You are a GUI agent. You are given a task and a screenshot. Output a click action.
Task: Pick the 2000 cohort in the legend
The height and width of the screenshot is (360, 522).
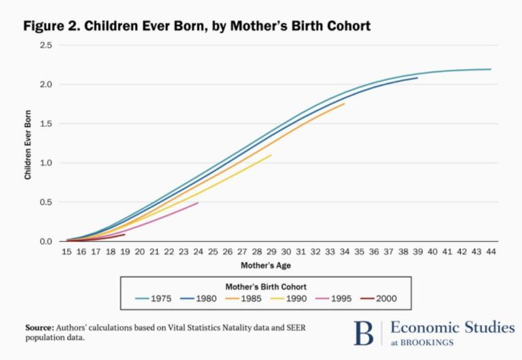click(x=385, y=298)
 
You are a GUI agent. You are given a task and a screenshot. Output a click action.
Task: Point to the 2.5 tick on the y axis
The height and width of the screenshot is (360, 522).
click(x=46, y=46)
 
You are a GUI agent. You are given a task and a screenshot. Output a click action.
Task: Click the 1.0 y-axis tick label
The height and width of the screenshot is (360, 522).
click(x=46, y=163)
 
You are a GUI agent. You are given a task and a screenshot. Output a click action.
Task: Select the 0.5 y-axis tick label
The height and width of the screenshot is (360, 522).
click(x=46, y=202)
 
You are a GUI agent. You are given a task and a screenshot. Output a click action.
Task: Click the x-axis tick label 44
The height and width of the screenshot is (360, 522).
click(x=490, y=252)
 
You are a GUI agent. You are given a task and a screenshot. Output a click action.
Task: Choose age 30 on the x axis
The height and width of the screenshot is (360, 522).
click(x=285, y=252)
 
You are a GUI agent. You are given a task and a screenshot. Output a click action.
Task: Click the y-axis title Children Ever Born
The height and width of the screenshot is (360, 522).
click(x=29, y=143)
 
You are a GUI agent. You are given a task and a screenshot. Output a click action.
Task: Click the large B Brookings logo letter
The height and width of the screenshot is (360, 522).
click(x=364, y=334)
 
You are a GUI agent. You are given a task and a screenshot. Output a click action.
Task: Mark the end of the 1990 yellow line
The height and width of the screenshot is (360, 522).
click(x=271, y=155)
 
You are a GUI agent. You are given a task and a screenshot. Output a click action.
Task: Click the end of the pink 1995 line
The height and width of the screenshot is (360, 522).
click(x=198, y=202)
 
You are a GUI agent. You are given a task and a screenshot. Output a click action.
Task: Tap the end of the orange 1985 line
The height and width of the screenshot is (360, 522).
click(x=345, y=103)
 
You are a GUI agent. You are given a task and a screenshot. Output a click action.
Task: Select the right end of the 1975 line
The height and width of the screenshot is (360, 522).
click(x=490, y=69)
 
